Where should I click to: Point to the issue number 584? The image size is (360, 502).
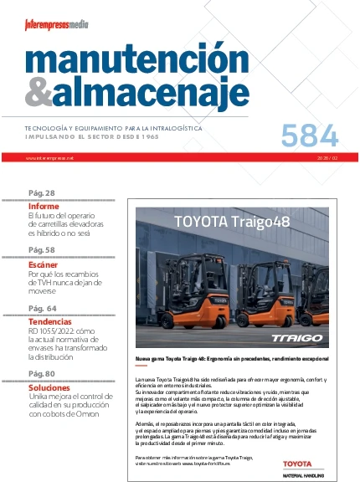(310, 135)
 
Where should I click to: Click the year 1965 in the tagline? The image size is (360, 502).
(147, 136)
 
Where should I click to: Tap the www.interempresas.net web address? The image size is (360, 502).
(50, 157)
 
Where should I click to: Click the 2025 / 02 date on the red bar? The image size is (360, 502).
(326, 157)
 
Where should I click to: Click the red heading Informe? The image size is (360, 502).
(44, 206)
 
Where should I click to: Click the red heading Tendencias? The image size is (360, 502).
(50, 321)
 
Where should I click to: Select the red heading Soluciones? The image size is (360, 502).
(49, 387)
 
